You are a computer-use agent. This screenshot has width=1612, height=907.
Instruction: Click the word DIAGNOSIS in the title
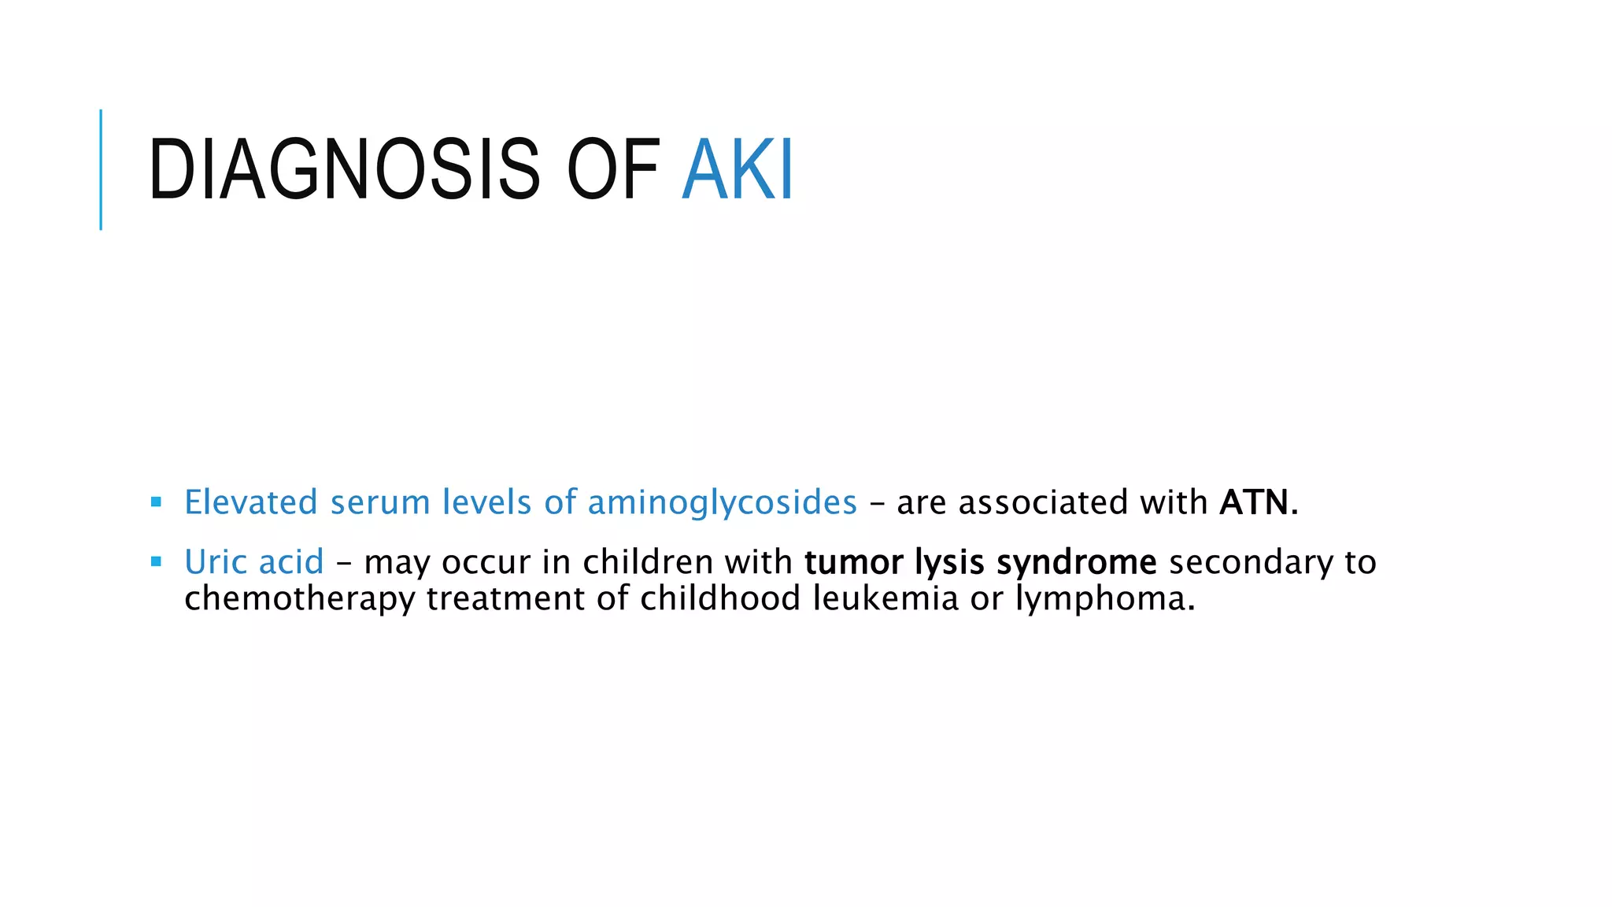coord(344,169)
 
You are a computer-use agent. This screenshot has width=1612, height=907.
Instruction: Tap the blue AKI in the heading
coord(738,169)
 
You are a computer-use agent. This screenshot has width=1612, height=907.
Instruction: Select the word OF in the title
coord(612,169)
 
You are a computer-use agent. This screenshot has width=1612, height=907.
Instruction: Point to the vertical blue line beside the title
coord(101,169)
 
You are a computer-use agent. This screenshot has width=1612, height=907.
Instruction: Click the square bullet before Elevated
coord(156,502)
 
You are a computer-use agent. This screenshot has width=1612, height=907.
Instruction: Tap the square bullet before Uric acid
coord(156,561)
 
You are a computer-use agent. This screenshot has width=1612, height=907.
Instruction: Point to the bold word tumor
coord(853,562)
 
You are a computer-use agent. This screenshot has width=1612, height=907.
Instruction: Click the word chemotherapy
coord(299,599)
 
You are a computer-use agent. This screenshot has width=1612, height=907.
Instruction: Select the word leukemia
coord(885,598)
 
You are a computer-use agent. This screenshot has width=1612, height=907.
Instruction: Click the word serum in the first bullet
coord(380,502)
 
